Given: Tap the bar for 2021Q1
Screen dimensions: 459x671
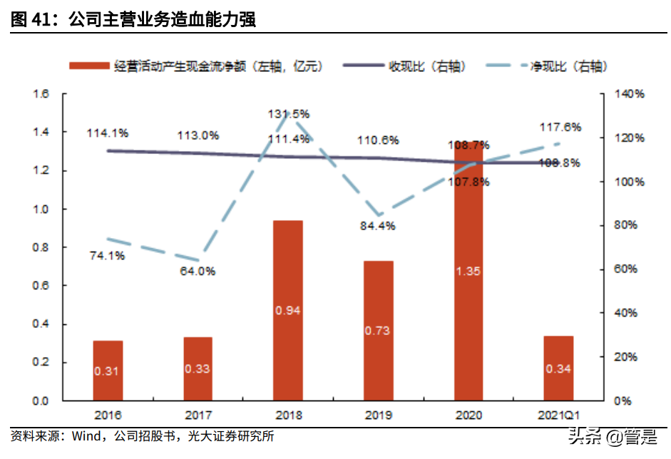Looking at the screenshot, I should coord(558,368).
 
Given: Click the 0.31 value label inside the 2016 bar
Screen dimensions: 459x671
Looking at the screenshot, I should coord(108,371).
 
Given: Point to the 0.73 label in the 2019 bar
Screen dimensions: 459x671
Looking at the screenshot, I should coord(378,331).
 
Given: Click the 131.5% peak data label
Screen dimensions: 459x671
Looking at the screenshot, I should coord(289,113).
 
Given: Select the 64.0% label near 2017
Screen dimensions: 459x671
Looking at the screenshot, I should coord(198,271).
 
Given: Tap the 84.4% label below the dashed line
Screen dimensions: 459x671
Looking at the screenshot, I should coord(378,226).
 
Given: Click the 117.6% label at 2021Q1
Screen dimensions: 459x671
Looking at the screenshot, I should coord(560,127).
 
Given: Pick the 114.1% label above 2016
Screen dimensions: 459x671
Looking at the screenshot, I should coord(108,133).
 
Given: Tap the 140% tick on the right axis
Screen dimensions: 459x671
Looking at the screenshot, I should coord(632,94).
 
